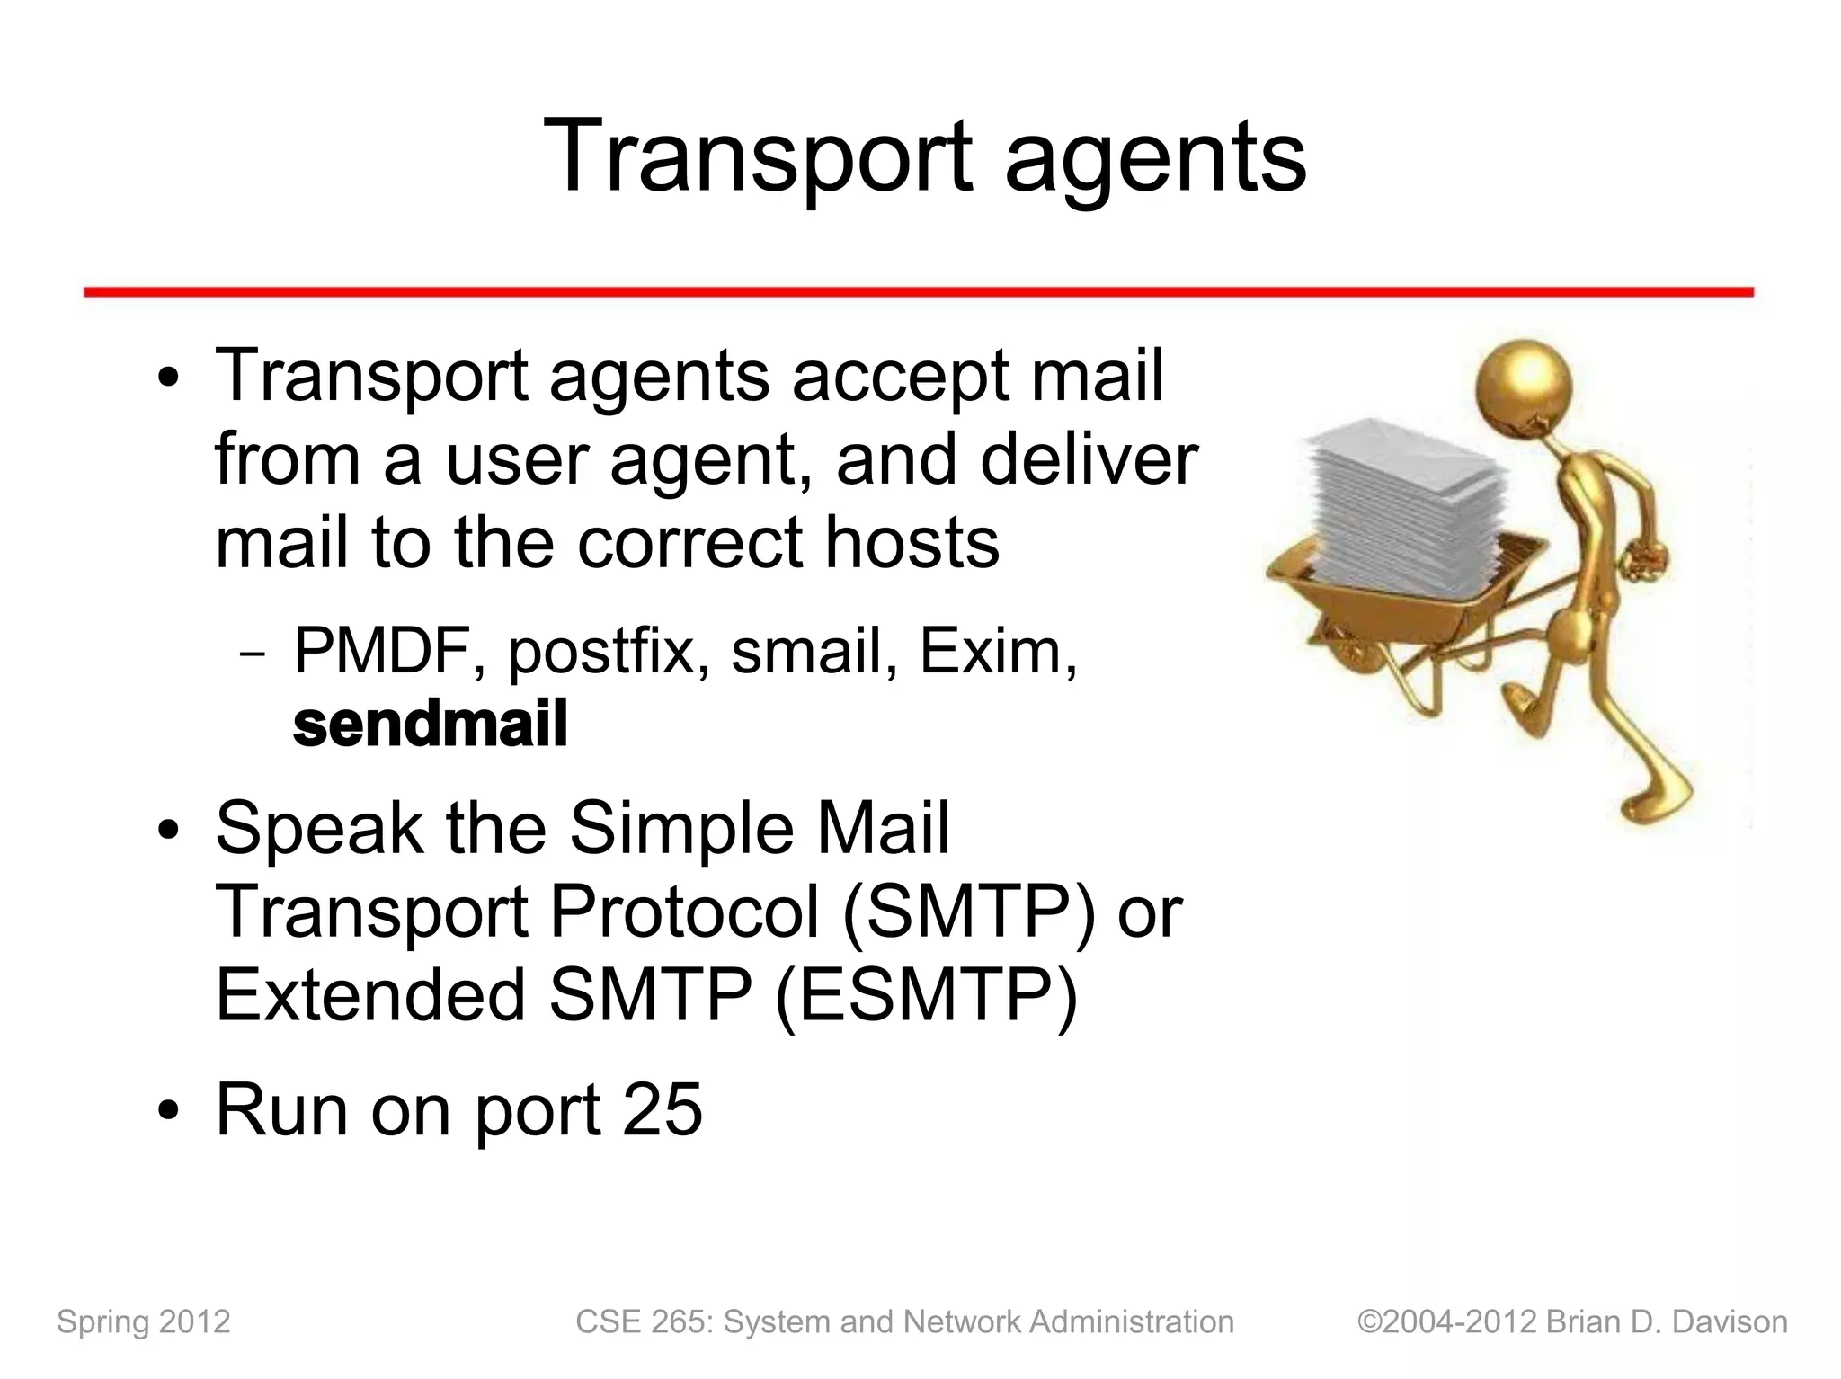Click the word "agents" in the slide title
1155,157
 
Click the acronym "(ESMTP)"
926,996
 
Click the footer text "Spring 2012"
144,1321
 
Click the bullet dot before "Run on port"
168,1112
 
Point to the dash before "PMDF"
253,654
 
